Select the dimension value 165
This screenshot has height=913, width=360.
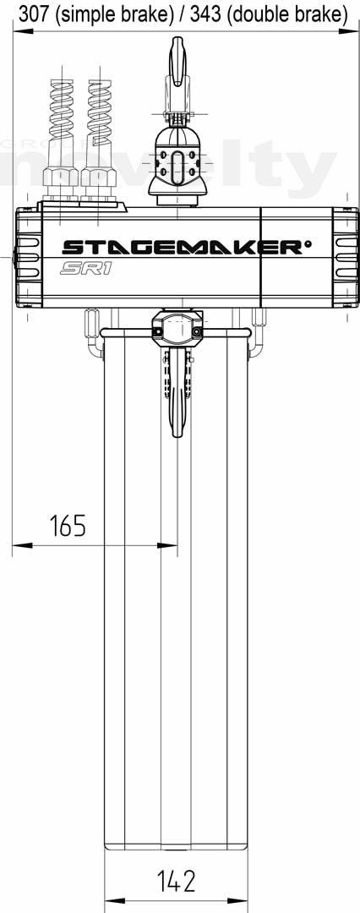(68, 525)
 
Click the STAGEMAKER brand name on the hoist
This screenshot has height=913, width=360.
(183, 248)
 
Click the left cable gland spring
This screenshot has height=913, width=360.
(61, 107)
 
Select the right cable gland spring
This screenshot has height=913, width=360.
(99, 107)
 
